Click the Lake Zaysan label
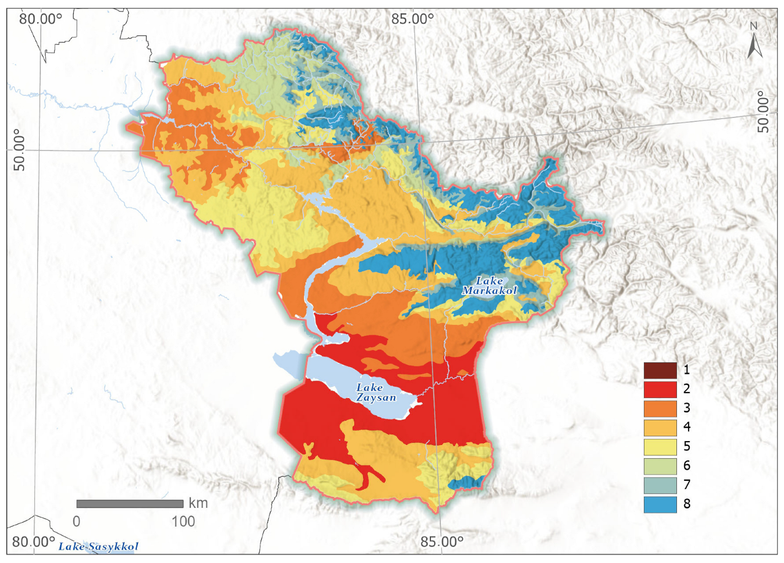click(x=376, y=393)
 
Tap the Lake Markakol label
click(x=489, y=286)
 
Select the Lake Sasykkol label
click(x=98, y=546)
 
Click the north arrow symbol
click(x=754, y=41)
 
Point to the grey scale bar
click(x=130, y=503)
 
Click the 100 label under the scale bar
click(x=183, y=521)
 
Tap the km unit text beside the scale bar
click(x=198, y=503)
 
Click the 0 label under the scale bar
click(x=77, y=521)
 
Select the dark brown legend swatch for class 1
click(x=660, y=370)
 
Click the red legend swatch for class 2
click(x=660, y=389)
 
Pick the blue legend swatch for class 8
click(x=660, y=504)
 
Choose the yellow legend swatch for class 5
click(x=660, y=447)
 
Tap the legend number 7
click(x=687, y=485)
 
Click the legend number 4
click(x=687, y=427)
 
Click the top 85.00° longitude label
click(x=413, y=19)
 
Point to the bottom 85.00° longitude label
click(x=442, y=541)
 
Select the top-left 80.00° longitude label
click(x=41, y=19)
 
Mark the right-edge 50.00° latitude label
click(x=763, y=112)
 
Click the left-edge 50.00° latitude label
click(x=19, y=150)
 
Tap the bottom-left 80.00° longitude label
click(x=34, y=541)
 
